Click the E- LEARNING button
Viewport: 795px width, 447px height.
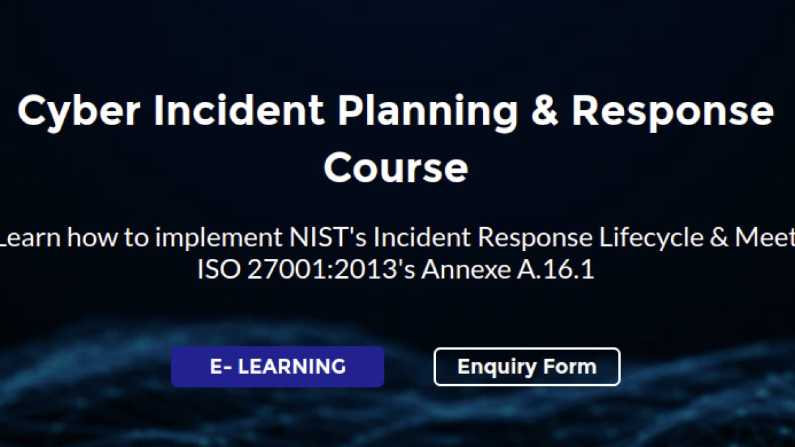click(278, 366)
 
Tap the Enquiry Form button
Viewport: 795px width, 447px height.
click(527, 366)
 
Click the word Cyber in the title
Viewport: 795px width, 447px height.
click(79, 112)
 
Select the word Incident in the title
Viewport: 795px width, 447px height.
click(238, 110)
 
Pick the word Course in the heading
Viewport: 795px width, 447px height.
click(396, 168)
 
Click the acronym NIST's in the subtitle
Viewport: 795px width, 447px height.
click(328, 237)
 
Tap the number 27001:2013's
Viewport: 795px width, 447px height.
click(331, 270)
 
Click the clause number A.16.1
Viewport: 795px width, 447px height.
click(555, 270)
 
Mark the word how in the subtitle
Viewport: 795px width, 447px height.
click(92, 237)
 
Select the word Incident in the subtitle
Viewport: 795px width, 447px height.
click(422, 237)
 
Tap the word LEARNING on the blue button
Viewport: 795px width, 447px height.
click(291, 366)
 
